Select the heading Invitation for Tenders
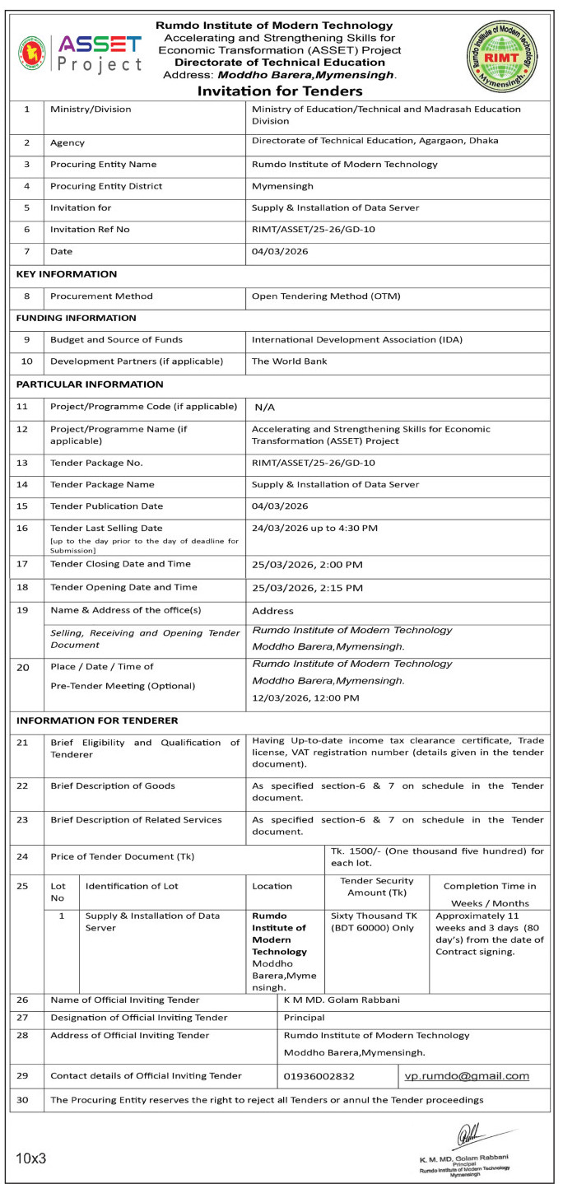pyautogui.click(x=280, y=91)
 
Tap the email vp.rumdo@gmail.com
pyautogui.click(x=467, y=1075)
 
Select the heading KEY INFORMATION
pyautogui.click(x=67, y=274)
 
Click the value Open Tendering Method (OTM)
pyautogui.click(x=337, y=296)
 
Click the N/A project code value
pyautogui.click(x=265, y=407)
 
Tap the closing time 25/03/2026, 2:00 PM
pyautogui.click(x=307, y=565)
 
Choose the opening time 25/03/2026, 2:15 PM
pyautogui.click(x=307, y=588)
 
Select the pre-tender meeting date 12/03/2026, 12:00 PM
pyautogui.click(x=305, y=698)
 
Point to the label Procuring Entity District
pyautogui.click(x=106, y=186)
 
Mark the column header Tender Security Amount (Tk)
pyautogui.click(x=377, y=886)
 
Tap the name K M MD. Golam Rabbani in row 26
pyautogui.click(x=342, y=1000)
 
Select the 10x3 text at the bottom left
pyautogui.click(x=31, y=1158)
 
